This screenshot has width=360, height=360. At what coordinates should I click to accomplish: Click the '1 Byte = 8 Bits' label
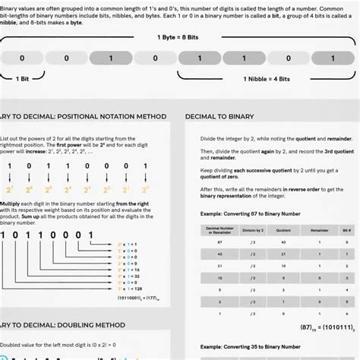coord(180,37)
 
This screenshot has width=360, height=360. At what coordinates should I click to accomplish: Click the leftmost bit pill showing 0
coord(23,58)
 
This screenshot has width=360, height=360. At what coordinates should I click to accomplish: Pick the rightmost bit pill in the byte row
coord(337,58)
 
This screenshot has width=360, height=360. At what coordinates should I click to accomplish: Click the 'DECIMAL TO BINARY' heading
coord(234,116)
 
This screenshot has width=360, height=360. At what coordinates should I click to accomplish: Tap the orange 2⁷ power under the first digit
coord(10,189)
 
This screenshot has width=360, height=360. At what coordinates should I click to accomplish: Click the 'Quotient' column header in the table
coord(283,229)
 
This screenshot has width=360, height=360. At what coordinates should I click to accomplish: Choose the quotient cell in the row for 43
coord(283,254)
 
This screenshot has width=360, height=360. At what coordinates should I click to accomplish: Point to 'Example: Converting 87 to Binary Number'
coord(251,215)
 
